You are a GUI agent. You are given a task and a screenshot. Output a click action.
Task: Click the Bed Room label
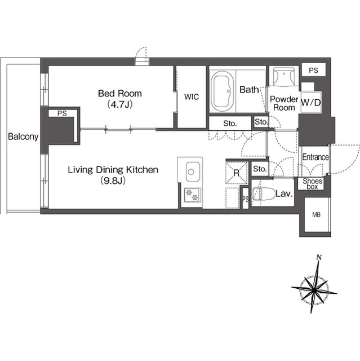(x=120, y=94)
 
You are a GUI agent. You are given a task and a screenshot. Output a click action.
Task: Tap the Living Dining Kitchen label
(x=113, y=170)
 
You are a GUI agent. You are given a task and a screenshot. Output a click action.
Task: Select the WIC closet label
(x=192, y=97)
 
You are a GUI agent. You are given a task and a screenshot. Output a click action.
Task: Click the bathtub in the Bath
(x=223, y=91)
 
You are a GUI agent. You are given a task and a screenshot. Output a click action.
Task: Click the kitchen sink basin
(x=193, y=171)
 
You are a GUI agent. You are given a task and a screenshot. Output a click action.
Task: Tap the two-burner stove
(x=192, y=195)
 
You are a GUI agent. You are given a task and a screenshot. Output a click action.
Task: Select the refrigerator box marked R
(x=237, y=173)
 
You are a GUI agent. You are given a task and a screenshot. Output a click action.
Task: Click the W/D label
(x=310, y=103)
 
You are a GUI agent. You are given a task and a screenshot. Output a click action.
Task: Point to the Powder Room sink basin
(x=284, y=75)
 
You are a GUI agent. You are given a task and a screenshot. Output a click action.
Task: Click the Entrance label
(x=315, y=157)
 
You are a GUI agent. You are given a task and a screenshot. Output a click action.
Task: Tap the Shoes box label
(x=312, y=184)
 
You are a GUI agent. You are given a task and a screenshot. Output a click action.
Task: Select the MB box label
(x=316, y=215)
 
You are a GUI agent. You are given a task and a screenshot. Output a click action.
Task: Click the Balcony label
(x=23, y=137)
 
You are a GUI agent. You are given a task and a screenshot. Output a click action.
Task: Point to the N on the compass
(x=319, y=257)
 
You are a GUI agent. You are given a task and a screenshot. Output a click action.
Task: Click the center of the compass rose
(x=314, y=290)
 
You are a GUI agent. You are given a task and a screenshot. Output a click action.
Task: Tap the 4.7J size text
(x=120, y=105)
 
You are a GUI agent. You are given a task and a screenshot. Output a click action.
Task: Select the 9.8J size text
(x=113, y=181)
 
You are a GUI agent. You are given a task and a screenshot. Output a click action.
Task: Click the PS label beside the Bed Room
(x=62, y=113)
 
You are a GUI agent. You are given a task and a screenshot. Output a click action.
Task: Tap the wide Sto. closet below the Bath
(x=230, y=124)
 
